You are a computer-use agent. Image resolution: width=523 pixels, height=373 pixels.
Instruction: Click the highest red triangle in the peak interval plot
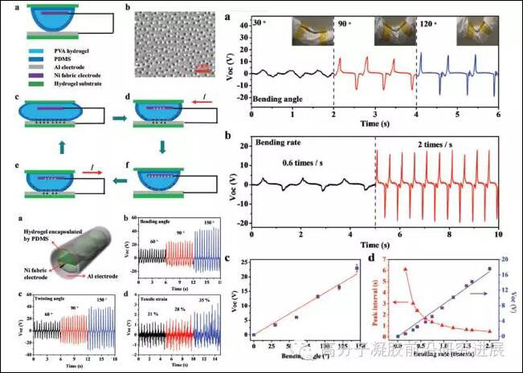point(405,269)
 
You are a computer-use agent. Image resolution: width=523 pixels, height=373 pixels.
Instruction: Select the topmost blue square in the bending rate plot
point(489,269)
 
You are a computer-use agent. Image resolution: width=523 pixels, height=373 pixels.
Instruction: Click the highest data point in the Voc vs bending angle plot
point(356,268)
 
